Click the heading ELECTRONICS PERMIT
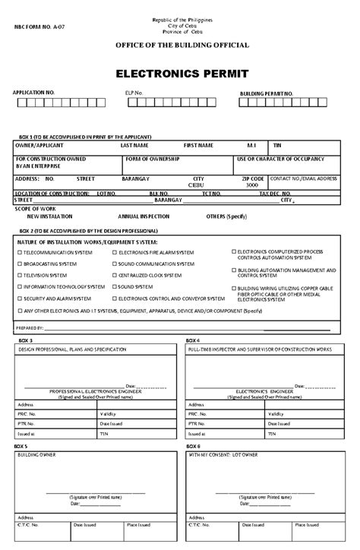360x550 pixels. pyautogui.click(x=180, y=74)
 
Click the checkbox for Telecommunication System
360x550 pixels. pyautogui.click(x=19, y=251)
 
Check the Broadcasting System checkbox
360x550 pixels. pyautogui.click(x=19, y=263)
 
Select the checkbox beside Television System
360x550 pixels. pyautogui.click(x=19, y=275)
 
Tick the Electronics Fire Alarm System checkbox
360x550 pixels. pyautogui.click(x=113, y=251)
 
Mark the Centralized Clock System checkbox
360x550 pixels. pyautogui.click(x=113, y=275)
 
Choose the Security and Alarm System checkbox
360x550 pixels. pyautogui.click(x=19, y=299)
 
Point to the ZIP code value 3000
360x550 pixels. pyautogui.click(x=251, y=185)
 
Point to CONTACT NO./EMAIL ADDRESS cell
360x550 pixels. pyautogui.click(x=303, y=178)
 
